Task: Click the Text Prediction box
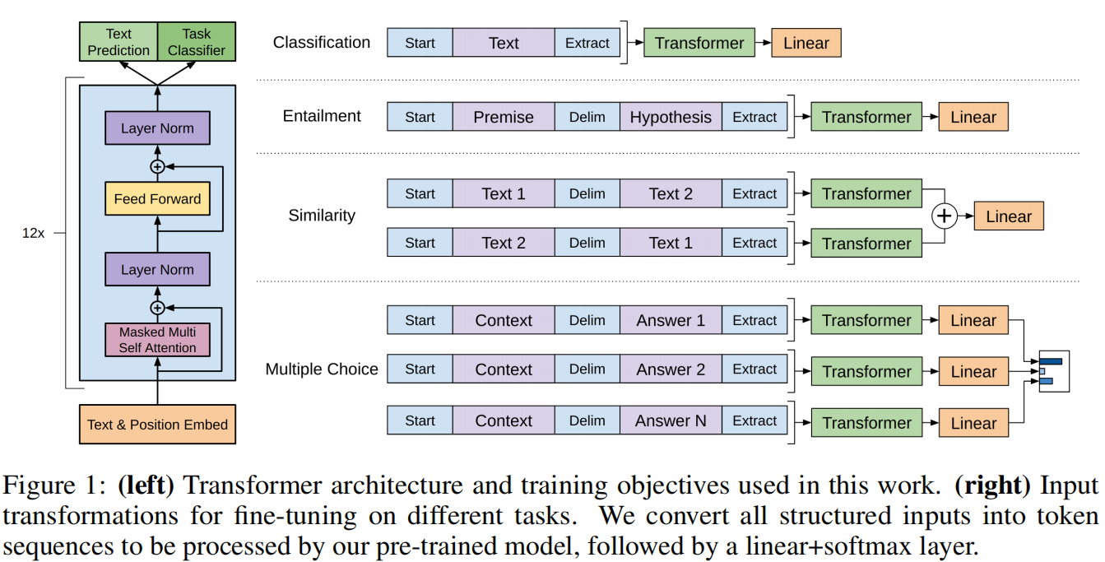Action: [x=118, y=42]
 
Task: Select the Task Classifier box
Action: [x=197, y=42]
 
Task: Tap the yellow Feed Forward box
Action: [x=157, y=198]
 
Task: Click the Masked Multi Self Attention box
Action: [x=157, y=340]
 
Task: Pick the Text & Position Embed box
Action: [x=157, y=425]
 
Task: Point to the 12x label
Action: [x=33, y=233]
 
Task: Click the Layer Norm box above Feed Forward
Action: [x=157, y=128]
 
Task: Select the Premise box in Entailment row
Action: [x=504, y=117]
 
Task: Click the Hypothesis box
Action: [x=671, y=117]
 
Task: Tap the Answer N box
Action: [x=671, y=420]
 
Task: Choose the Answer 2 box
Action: [x=671, y=369]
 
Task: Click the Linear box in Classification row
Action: [x=806, y=43]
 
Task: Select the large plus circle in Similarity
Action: [x=945, y=216]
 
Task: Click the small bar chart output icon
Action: [x=1054, y=371]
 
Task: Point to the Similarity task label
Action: [x=322, y=216]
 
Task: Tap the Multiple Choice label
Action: [x=322, y=369]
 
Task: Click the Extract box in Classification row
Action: [x=587, y=43]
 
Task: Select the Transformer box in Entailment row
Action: [x=866, y=117]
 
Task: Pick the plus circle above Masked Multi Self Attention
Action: [x=157, y=308]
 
